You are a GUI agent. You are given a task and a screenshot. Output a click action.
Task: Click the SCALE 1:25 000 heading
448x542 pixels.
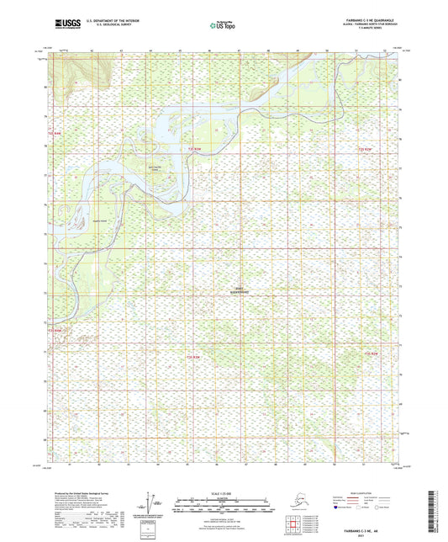click(224, 492)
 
